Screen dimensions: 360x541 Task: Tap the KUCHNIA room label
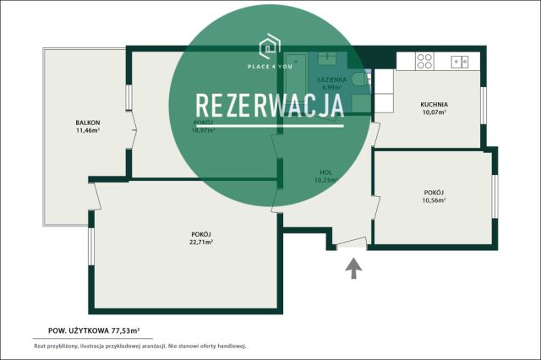[x=434, y=105]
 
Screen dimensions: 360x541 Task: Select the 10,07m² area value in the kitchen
[x=434, y=112]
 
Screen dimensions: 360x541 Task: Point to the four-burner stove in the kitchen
[x=424, y=61]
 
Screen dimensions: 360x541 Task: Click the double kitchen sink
[x=461, y=61]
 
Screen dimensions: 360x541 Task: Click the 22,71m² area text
[x=200, y=242]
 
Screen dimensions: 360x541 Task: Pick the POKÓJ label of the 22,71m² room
[x=200, y=234]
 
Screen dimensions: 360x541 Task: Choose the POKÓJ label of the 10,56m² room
[x=434, y=193]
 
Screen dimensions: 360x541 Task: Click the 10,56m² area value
[x=434, y=200]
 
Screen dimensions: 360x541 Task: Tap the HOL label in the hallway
[x=325, y=172]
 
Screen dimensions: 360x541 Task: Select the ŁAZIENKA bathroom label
[x=329, y=79]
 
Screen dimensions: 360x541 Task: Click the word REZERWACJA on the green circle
[x=270, y=105]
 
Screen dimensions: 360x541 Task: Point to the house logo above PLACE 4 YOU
[x=270, y=42]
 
